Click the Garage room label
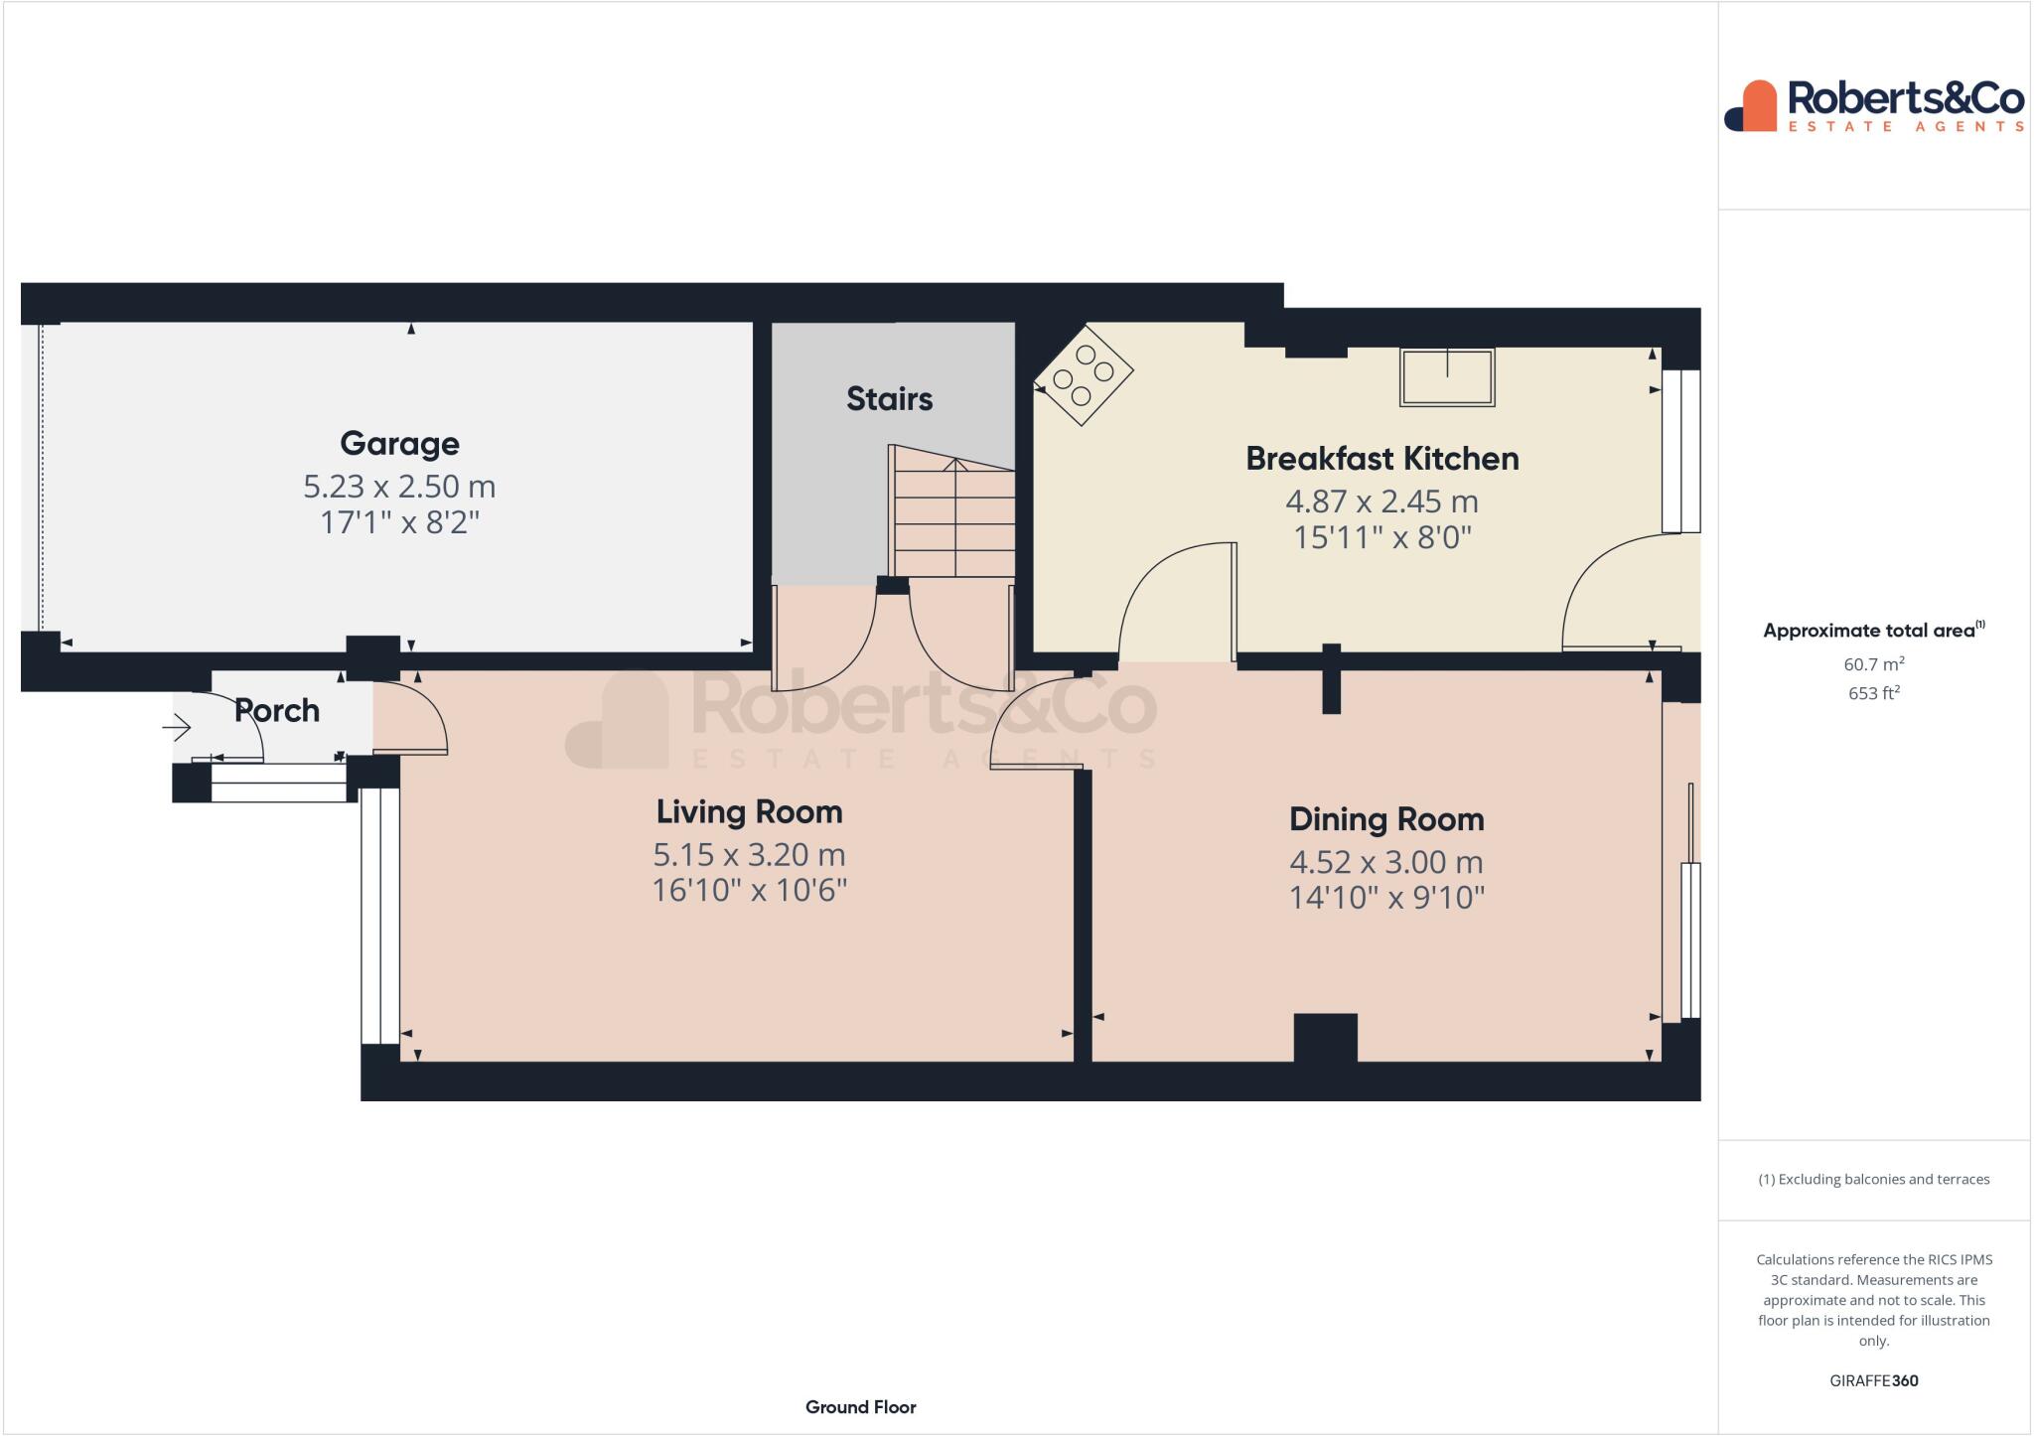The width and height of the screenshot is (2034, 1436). coord(399,443)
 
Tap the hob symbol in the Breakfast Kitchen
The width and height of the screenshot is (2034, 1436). coord(1084,375)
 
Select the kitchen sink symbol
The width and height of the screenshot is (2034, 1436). coord(1446,376)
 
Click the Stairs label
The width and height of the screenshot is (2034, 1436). coord(889,399)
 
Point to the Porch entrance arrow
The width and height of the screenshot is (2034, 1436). coord(177,729)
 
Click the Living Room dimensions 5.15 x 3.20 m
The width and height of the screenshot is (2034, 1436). coord(749,855)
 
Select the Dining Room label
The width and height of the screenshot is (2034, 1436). coord(1386,819)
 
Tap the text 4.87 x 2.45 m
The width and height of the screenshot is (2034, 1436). coord(1381,502)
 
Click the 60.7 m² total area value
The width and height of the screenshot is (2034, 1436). coord(1873,663)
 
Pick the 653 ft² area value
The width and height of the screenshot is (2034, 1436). coord(1873,693)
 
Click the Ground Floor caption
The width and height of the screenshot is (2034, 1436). coord(860,1407)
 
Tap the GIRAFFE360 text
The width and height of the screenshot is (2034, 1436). coord(1873,1380)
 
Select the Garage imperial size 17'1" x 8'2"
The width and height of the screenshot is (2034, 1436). coord(399,522)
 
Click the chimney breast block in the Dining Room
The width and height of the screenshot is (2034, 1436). coord(1325,1038)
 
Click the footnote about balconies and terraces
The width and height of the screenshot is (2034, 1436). coord(1873,1180)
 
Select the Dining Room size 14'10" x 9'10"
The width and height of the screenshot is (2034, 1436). coord(1386,898)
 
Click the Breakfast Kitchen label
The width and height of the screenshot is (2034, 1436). coord(1381,459)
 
